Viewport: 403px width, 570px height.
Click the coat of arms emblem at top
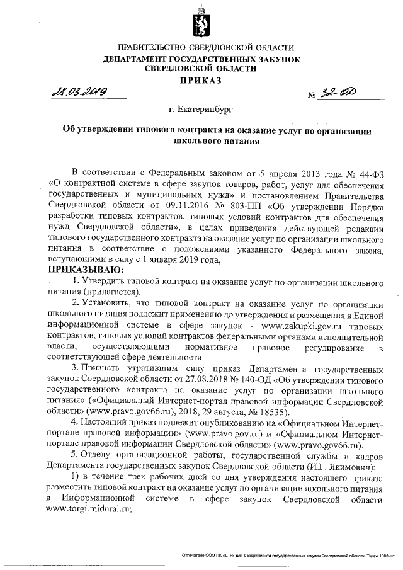202,24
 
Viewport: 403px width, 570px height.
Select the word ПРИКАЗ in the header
201,81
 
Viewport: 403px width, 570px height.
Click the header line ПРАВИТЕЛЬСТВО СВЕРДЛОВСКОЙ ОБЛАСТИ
201,48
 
